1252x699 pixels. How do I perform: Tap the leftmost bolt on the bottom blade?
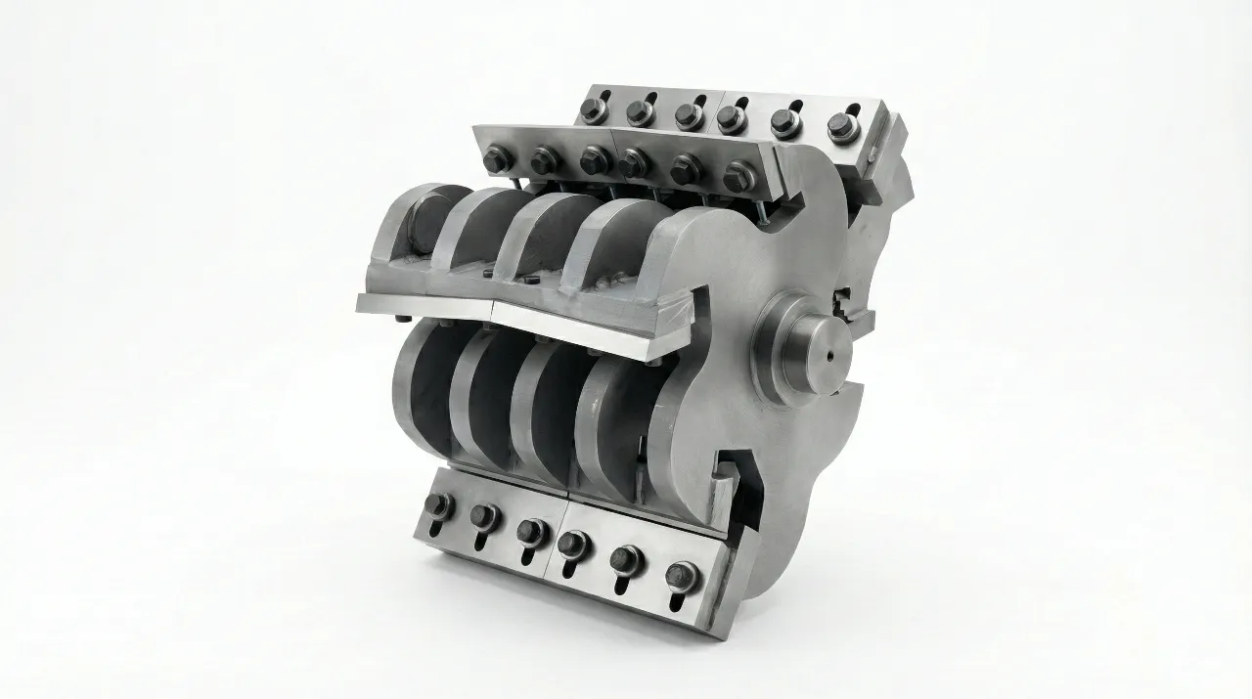tap(437, 504)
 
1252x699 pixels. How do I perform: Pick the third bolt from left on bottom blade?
tap(530, 530)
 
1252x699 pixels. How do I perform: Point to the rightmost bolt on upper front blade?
tap(738, 176)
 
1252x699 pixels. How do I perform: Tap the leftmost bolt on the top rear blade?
tap(594, 108)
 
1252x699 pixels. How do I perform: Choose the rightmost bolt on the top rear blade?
tap(841, 126)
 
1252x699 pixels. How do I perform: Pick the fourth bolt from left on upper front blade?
tap(635, 163)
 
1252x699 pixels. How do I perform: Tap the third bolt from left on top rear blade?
tap(690, 115)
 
